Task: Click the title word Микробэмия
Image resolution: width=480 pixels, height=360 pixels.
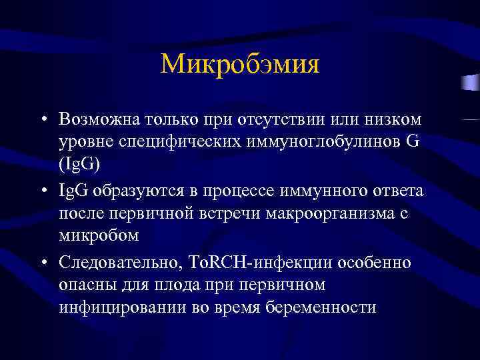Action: [240, 65]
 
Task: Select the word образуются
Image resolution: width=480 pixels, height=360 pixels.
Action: [131, 192]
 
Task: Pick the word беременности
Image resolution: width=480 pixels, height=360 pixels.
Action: [321, 309]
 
